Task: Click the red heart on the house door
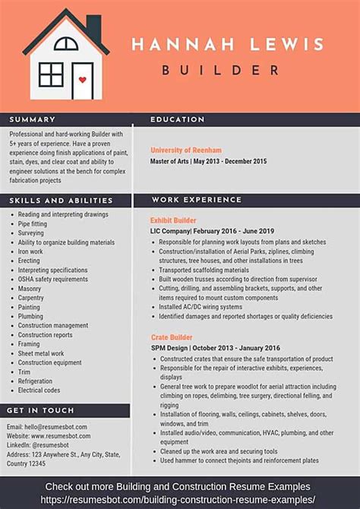pos(81,78)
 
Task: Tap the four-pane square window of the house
pos(51,74)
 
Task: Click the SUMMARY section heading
pos(33,119)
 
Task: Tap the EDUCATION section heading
pos(178,119)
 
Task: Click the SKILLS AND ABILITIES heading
pos(62,201)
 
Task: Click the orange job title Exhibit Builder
pos(173,220)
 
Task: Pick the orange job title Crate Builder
pos(171,337)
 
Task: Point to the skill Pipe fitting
pos(33,224)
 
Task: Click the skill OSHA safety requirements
pos(53,279)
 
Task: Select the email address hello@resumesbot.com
pos(47,427)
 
